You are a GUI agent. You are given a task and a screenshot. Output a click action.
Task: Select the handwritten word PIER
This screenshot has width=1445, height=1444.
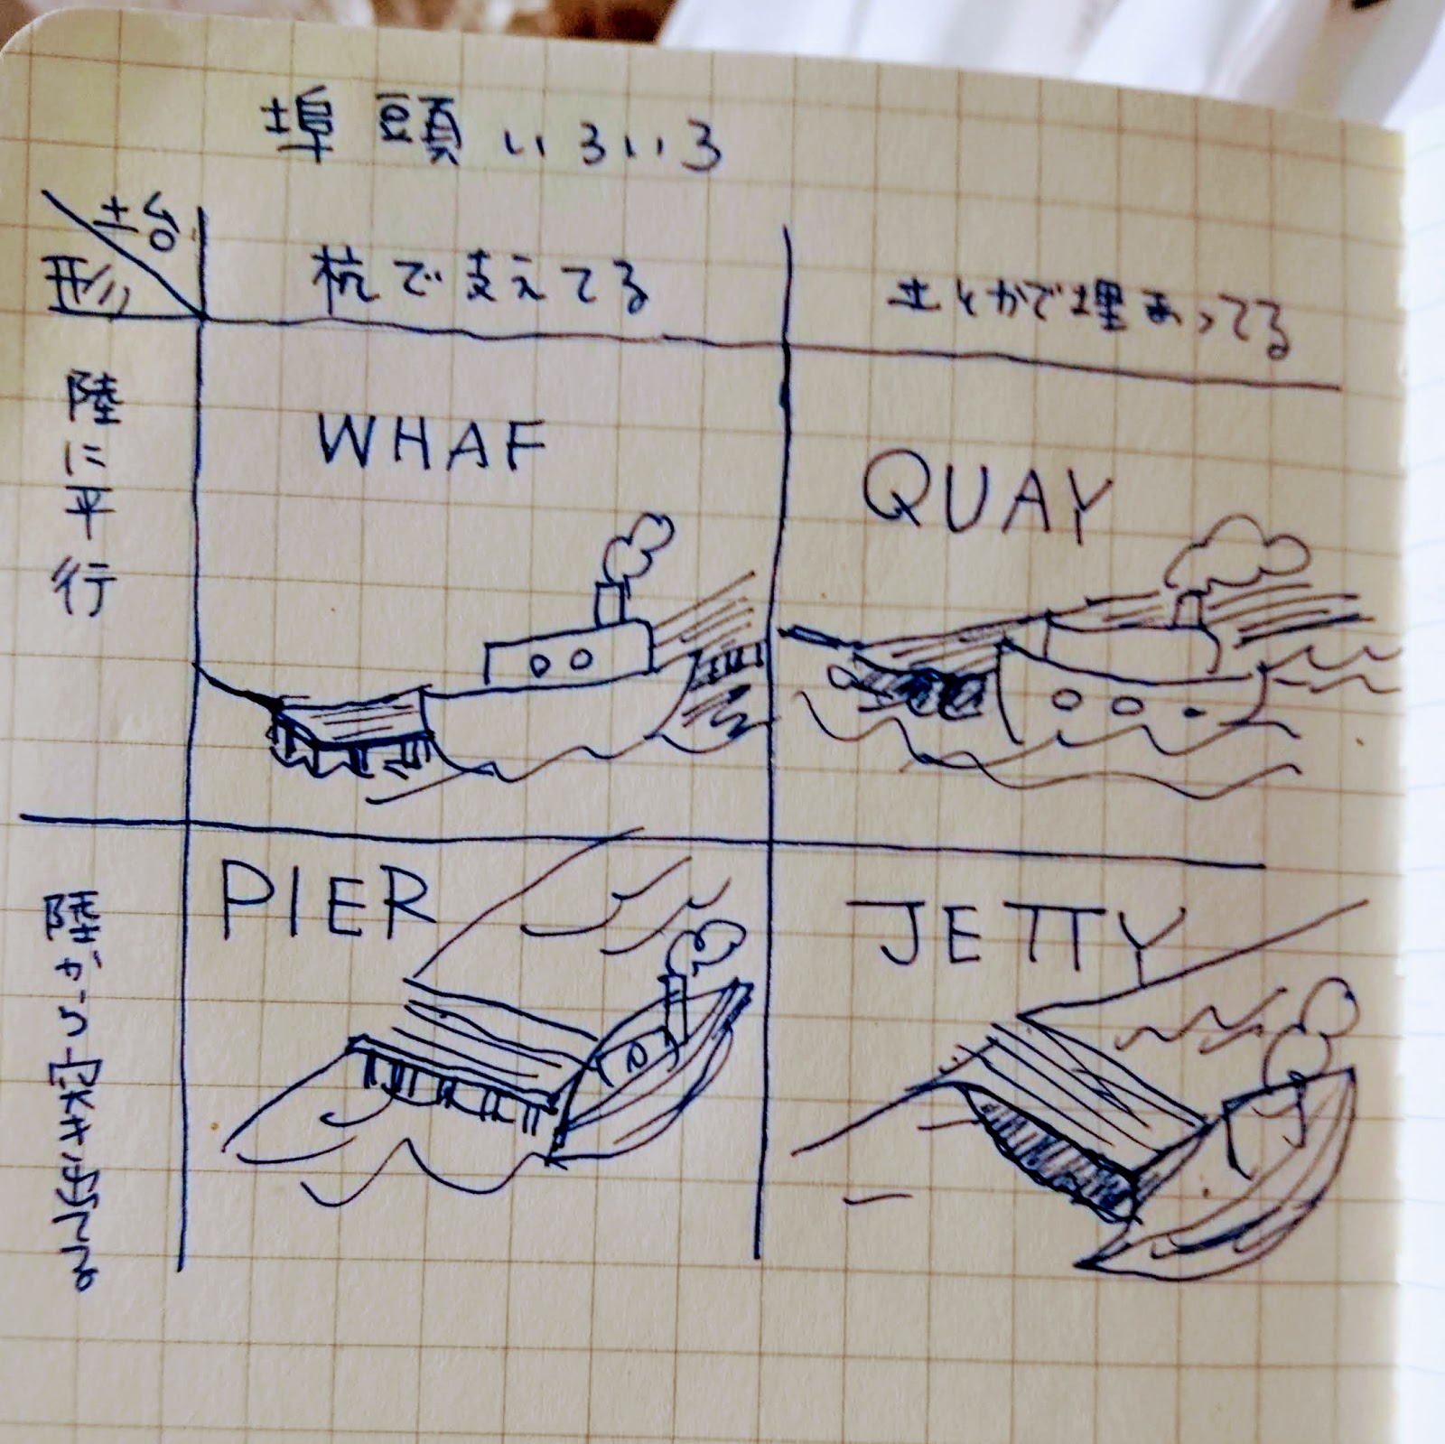327,901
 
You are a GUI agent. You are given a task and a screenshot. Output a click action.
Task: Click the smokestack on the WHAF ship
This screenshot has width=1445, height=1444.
611,603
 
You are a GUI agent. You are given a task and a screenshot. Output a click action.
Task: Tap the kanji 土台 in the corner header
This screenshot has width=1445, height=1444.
140,226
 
